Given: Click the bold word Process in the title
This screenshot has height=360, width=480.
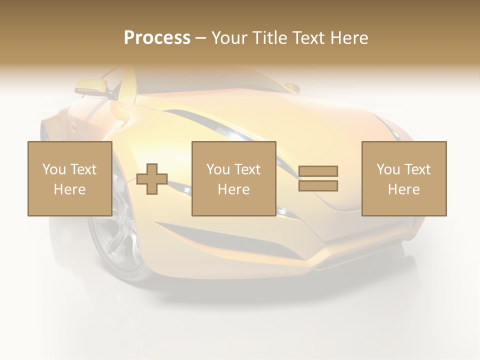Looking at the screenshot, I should pyautogui.click(x=157, y=37).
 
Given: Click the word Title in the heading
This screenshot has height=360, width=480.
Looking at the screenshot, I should pyautogui.click(x=269, y=37).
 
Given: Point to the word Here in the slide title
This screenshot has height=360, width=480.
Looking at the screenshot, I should pyautogui.click(x=350, y=37).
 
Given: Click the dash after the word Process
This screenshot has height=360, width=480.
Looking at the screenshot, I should pyautogui.click(x=200, y=38).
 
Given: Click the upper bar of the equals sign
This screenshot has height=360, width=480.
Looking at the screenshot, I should pyautogui.click(x=318, y=171).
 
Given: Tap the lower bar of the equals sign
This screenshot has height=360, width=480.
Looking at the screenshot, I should pyautogui.click(x=318, y=186).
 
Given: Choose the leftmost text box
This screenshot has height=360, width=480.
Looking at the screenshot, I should pyautogui.click(x=70, y=178).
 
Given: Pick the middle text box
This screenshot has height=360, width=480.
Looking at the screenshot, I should pyautogui.click(x=234, y=178).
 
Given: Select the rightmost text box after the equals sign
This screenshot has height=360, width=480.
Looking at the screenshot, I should pyautogui.click(x=404, y=178).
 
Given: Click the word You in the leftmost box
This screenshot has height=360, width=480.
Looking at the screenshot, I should pyautogui.click(x=54, y=169).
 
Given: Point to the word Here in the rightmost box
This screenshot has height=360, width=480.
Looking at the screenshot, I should pyautogui.click(x=404, y=189).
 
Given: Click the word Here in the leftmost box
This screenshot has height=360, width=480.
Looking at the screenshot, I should pyautogui.click(x=70, y=189).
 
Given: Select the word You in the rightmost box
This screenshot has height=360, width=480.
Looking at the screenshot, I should pyautogui.click(x=388, y=169).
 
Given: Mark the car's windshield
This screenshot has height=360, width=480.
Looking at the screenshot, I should pyautogui.click(x=210, y=80).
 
